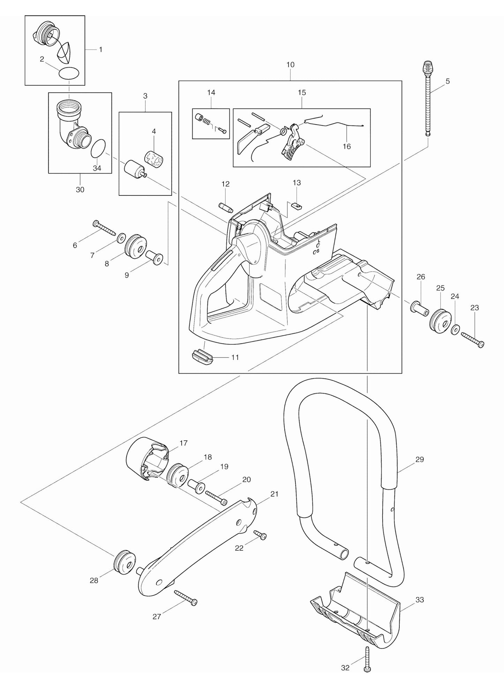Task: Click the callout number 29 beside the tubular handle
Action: (420, 459)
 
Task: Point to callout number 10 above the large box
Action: (290, 65)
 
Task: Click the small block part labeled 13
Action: (297, 205)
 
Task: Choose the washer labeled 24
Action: (455, 329)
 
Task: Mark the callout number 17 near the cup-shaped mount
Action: (183, 443)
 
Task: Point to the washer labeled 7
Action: (121, 238)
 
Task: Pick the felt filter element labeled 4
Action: (154, 160)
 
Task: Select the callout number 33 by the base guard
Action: (420, 600)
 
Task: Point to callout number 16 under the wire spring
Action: (346, 147)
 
